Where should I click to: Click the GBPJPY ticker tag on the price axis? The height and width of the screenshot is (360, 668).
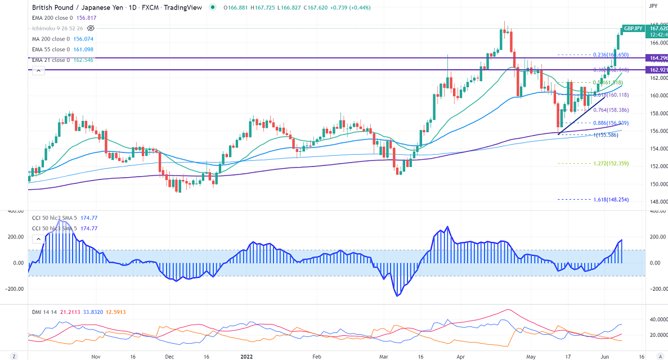pos(634,28)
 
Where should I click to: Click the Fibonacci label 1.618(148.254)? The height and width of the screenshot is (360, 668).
pos(612,200)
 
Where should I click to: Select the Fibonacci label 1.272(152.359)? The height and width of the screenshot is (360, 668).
pos(612,164)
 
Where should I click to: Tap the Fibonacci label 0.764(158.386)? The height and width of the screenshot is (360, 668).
pos(612,110)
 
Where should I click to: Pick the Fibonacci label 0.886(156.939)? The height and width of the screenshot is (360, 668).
pos(612,123)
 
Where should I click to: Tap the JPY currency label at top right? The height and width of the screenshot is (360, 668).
pos(653,6)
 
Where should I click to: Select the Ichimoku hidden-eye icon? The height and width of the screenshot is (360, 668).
pos(91,28)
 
